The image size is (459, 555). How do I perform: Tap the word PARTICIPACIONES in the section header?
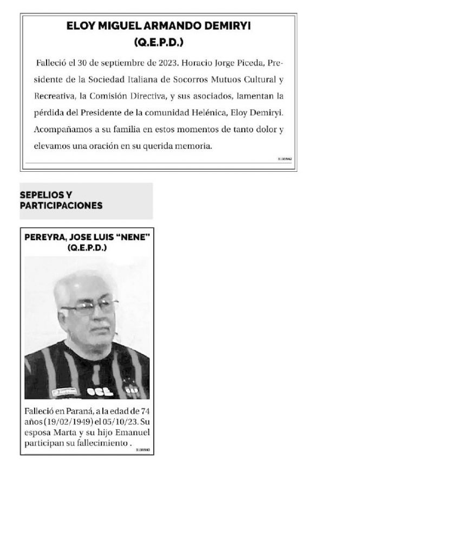[x=61, y=205]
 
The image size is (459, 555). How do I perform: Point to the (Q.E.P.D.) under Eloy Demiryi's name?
[x=159, y=42]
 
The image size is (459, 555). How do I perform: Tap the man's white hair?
[x=81, y=282]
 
